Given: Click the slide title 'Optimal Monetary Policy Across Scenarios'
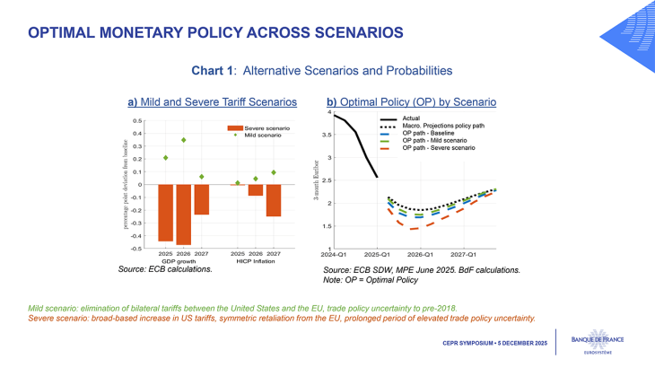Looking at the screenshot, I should tap(215, 33).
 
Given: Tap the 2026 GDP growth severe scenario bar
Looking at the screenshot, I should tap(184, 215).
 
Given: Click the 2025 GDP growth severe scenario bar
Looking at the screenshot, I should tap(166, 213).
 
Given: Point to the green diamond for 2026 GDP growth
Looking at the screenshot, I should tap(184, 140).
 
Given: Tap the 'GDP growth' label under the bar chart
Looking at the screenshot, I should tap(184, 261).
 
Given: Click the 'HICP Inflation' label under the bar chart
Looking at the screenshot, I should tap(256, 261).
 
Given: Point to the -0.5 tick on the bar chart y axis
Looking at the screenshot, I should tap(136, 248).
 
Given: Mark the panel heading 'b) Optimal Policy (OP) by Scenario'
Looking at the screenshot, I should tap(411, 102).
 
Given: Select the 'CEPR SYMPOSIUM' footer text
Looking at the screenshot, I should tap(476, 344).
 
